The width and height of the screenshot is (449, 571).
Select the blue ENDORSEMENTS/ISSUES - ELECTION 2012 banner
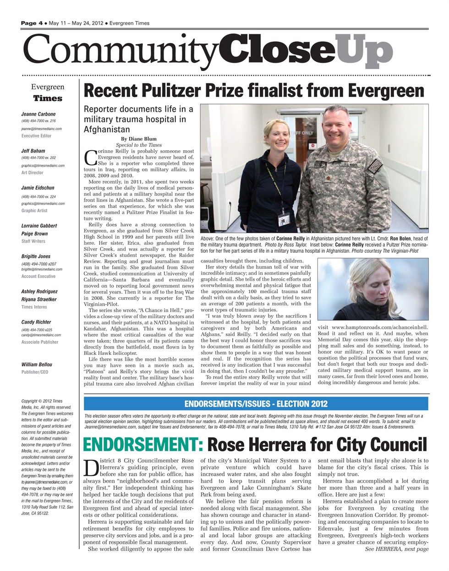coord(256,403)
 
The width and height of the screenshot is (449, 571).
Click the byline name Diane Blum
coord(139,139)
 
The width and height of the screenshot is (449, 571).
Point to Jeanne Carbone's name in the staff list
coord(38,114)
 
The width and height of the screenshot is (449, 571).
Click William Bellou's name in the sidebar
coord(37,364)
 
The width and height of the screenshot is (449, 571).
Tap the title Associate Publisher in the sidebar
coord(40,342)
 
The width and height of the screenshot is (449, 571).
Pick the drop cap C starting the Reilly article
coord(90,158)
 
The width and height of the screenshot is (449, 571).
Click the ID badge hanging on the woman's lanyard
coord(283,221)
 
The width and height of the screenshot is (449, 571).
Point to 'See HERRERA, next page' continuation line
coord(397,549)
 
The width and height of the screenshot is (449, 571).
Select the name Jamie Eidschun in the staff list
coord(38,188)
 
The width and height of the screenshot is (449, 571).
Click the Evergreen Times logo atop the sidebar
coord(48,92)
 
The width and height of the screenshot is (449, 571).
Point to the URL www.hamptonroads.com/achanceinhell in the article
coord(380,327)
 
